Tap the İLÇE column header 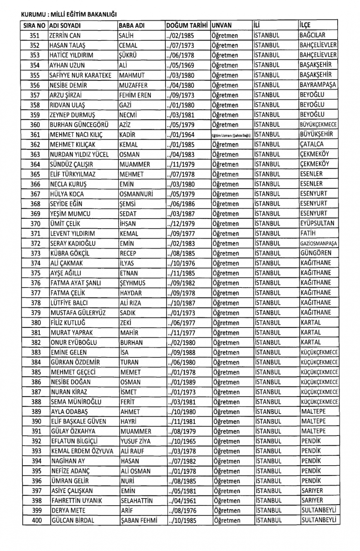(x=305, y=25)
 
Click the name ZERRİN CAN (x=65, y=36)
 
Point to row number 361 (x=35, y=135)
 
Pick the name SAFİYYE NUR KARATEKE (x=81, y=75)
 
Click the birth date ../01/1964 (x=180, y=135)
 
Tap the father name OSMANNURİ (x=136, y=194)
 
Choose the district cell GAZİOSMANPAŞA (x=319, y=243)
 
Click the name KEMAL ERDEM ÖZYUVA (x=82, y=451)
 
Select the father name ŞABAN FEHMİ (x=139, y=520)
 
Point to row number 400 (x=36, y=520)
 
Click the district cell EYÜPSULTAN (x=317, y=223)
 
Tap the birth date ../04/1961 (x=182, y=500)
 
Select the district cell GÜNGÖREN (x=316, y=253)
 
